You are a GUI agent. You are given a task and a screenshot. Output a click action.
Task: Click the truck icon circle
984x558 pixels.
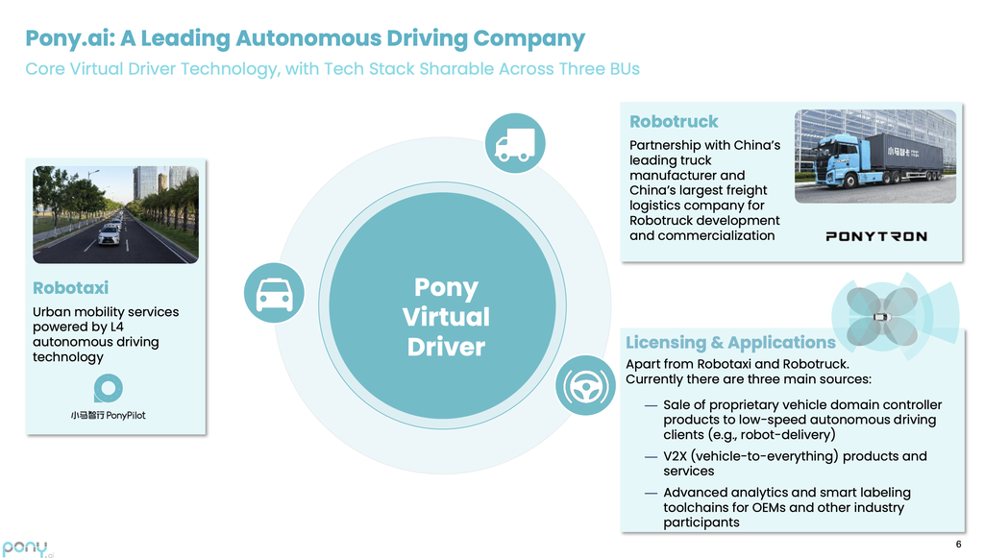[x=514, y=143]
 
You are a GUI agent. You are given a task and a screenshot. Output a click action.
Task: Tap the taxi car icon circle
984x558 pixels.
[x=275, y=293]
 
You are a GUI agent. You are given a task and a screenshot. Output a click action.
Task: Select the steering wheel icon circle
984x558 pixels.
[x=586, y=385]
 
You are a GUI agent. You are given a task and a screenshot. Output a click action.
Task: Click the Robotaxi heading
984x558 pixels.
[x=70, y=287]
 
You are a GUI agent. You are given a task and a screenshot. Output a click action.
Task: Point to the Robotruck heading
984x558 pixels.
[x=674, y=122]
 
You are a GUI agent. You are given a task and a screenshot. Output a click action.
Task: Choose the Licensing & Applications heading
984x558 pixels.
[x=730, y=343]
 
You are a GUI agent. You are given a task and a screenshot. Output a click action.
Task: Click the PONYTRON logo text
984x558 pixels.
[x=876, y=236]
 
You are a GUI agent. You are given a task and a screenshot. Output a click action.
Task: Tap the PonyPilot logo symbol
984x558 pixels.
[x=108, y=388]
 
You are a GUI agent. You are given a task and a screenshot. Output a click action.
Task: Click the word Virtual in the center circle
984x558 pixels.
[x=446, y=317]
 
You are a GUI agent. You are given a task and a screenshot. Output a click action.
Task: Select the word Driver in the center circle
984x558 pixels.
[x=446, y=347]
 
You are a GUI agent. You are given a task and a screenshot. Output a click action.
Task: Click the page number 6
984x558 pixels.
[x=958, y=544]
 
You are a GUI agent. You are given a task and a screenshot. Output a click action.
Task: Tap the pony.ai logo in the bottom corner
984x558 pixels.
[x=28, y=547]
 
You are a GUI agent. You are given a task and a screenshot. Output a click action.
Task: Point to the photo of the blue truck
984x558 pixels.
[x=874, y=156]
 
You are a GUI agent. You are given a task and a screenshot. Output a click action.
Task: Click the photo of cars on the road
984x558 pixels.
[x=115, y=214]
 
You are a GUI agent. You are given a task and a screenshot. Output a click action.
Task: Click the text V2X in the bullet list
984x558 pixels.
[x=678, y=456]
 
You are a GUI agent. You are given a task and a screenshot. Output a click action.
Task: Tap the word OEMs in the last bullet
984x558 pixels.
[x=782, y=507]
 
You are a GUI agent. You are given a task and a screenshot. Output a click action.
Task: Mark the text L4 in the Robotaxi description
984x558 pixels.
[x=118, y=327]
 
